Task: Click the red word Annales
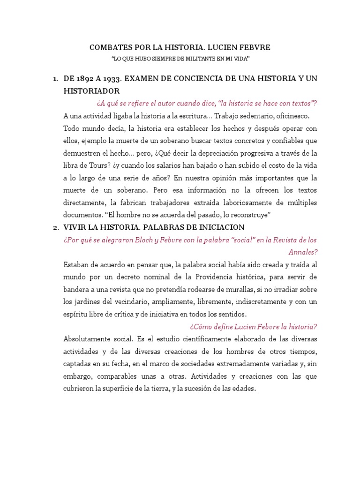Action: [303, 252]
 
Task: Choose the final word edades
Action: [242, 388]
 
